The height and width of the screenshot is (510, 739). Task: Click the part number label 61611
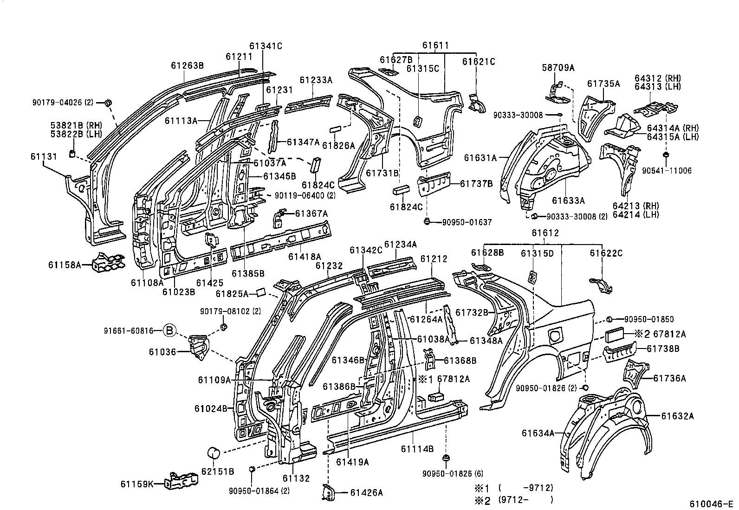coord(435,45)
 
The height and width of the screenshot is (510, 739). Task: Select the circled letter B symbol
coord(170,330)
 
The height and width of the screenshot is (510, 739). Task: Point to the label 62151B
coord(217,471)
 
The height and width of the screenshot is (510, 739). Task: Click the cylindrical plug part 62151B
coord(214,452)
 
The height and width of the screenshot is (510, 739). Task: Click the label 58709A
coord(558,68)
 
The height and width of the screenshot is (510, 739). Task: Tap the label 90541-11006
coord(667,171)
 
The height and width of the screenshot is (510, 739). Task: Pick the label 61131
coord(44,156)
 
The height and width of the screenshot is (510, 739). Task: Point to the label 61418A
coord(305,256)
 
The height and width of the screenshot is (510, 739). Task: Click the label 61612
coord(545,233)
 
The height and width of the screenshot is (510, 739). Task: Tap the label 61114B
coord(417,449)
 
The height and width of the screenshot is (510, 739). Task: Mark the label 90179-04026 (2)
coord(63,102)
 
